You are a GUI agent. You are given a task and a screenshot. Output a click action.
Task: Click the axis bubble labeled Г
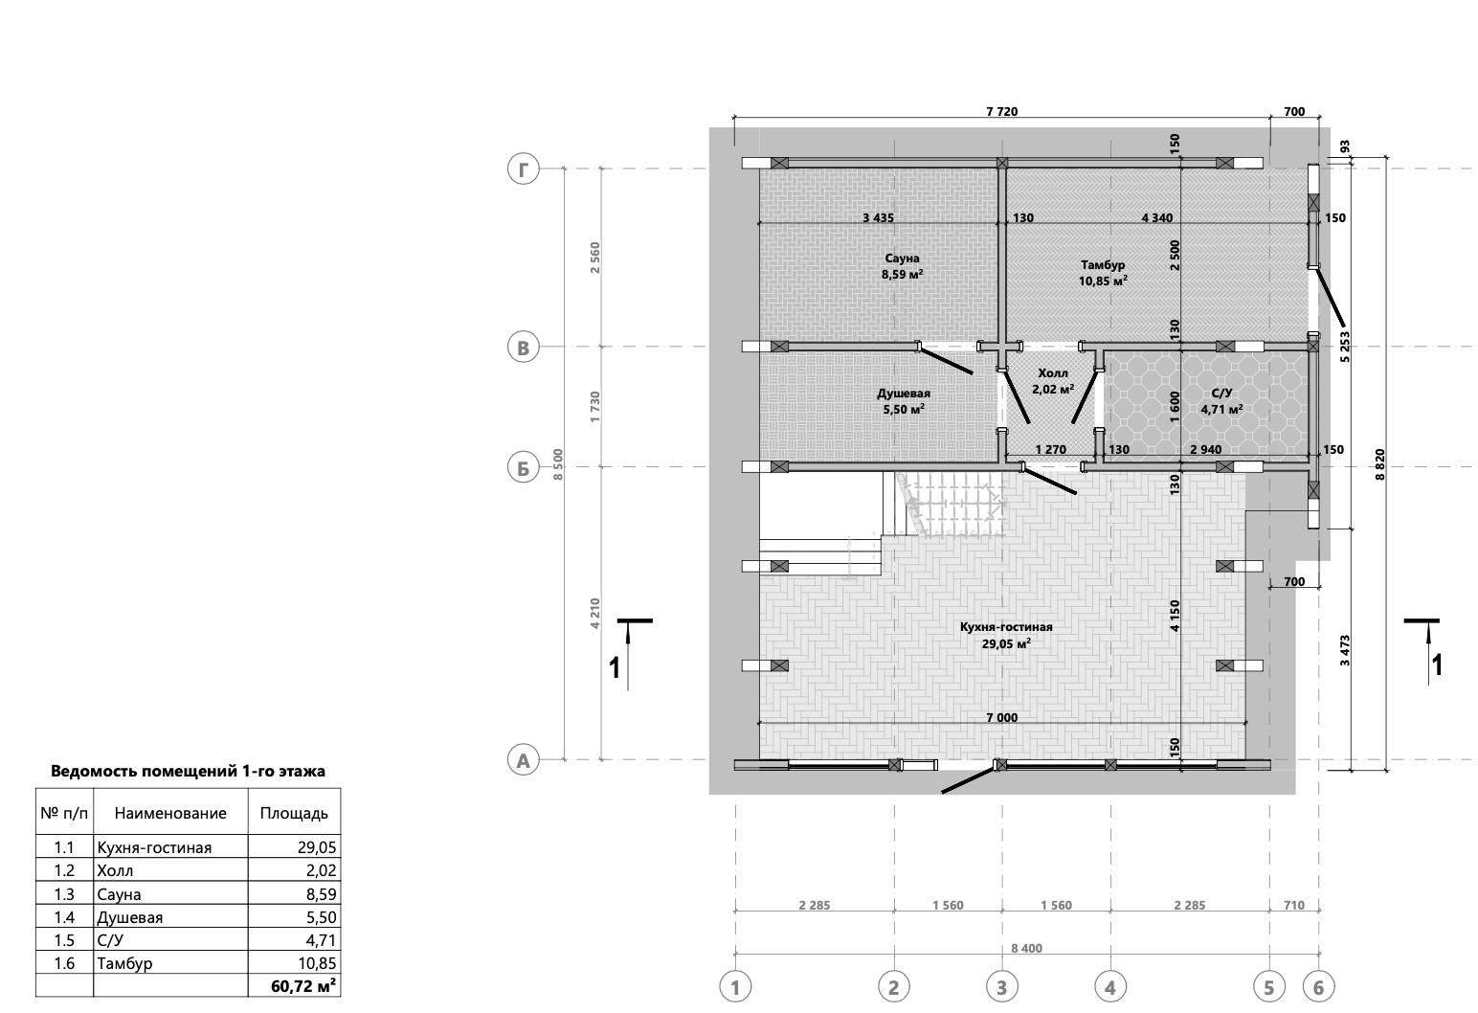[524, 169]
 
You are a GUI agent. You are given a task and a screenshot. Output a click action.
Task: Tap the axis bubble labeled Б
[524, 467]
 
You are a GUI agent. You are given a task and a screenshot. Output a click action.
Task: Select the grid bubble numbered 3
[1001, 987]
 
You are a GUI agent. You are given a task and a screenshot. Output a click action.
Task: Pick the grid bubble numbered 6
[1318, 987]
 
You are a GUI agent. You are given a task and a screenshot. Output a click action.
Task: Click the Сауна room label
[902, 259]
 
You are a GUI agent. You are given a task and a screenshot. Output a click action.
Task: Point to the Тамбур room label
[1103, 265]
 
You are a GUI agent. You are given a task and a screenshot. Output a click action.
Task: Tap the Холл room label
[1052, 373]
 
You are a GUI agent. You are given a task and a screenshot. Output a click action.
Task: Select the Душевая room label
[904, 394]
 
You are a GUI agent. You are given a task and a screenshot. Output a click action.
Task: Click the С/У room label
[1221, 394]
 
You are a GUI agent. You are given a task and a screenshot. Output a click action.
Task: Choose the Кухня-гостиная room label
[1006, 627]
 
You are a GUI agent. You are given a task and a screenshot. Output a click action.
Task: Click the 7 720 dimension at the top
[1001, 111]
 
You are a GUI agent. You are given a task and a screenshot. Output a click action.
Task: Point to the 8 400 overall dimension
[1027, 948]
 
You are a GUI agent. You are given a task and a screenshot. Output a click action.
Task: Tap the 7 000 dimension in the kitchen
[1001, 717]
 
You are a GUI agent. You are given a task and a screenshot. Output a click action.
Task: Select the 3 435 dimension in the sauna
[878, 217]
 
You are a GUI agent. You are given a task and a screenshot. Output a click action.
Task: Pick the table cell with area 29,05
[317, 847]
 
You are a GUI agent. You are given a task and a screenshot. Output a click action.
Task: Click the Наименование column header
[170, 813]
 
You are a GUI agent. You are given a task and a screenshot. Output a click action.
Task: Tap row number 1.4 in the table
[64, 917]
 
